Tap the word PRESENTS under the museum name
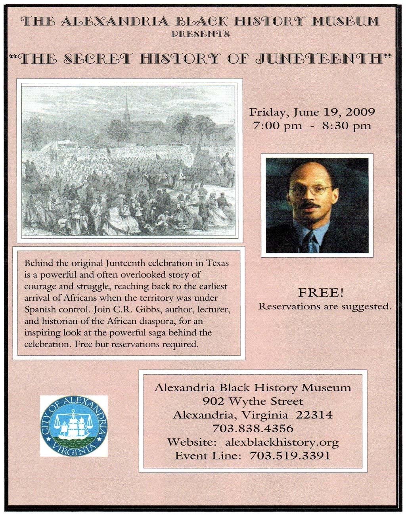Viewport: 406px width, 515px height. tap(200, 34)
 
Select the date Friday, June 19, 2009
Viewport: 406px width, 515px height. tap(312, 112)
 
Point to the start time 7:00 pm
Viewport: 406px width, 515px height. tap(278, 126)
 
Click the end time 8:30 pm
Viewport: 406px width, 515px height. tap(346, 126)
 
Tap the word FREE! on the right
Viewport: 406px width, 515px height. tap(321, 293)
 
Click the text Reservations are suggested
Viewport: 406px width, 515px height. tap(325, 306)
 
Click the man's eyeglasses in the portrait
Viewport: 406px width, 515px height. tap(310, 190)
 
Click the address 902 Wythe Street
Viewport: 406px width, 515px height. tap(253, 401)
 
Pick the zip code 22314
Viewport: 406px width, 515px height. tap(314, 415)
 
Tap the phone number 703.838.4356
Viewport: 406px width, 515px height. tap(253, 429)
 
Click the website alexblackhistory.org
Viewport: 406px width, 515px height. tap(282, 442)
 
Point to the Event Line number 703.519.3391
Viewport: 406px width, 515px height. tap(289, 456)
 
